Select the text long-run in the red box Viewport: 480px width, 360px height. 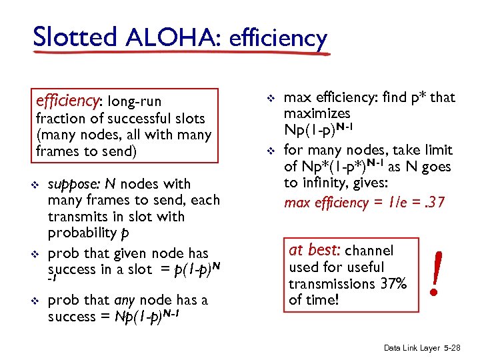click(x=135, y=101)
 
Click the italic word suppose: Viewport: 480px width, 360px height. click(x=73, y=184)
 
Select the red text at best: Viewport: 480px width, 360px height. click(x=315, y=251)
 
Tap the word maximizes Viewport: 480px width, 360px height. click(x=317, y=114)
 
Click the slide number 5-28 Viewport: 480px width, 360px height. click(x=459, y=348)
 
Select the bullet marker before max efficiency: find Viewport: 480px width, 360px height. click(x=271, y=98)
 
